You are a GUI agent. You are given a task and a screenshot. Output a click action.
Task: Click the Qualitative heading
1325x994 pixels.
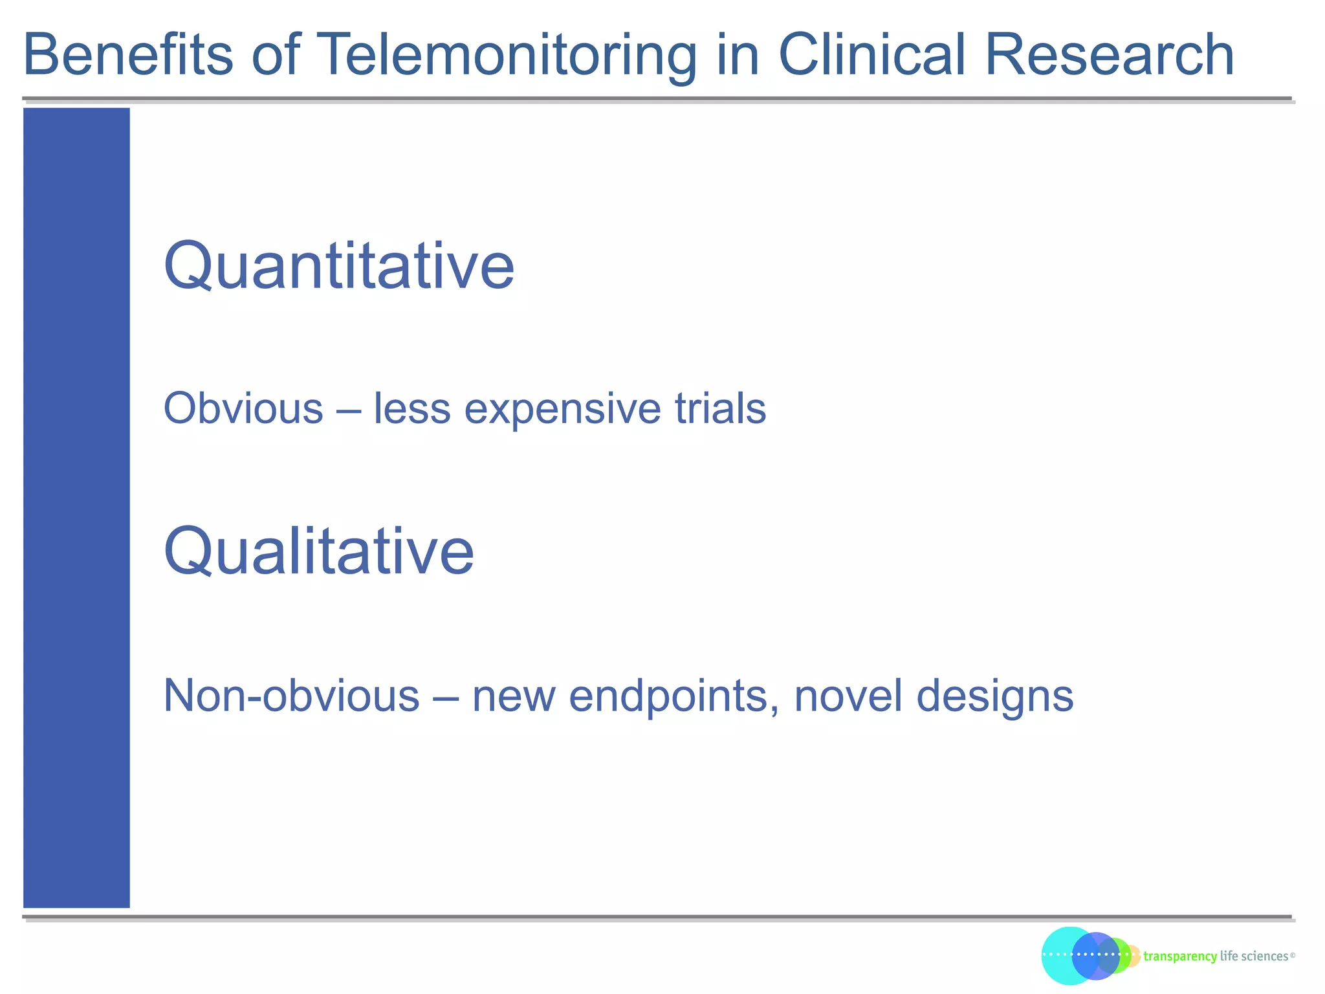pos(319,551)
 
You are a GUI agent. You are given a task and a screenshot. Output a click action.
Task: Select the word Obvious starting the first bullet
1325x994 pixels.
pos(243,409)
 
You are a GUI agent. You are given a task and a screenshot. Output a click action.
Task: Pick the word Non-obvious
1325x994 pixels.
pos(291,696)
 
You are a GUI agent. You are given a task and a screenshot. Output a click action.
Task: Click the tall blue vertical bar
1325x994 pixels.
pos(76,507)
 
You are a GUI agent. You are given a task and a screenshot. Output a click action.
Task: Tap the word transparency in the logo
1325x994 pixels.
pos(1180,956)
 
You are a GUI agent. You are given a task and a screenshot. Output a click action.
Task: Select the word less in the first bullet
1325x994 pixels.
pos(411,409)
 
